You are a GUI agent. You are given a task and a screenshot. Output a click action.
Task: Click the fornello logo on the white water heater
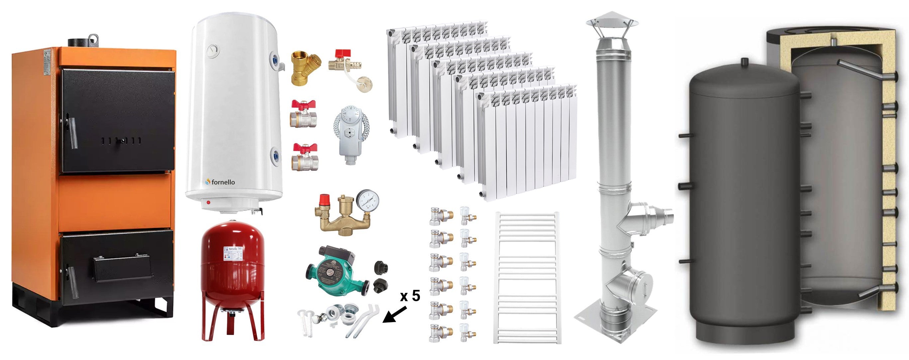pyautogui.click(x=220, y=182)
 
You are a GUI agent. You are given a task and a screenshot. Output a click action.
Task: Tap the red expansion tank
pyautogui.click(x=232, y=268)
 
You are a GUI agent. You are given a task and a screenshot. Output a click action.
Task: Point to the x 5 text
pyautogui.click(x=410, y=296)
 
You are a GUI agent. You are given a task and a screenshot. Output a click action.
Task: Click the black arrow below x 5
pyautogui.click(x=395, y=315)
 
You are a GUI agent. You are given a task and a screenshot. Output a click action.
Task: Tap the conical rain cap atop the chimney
pyautogui.click(x=612, y=21)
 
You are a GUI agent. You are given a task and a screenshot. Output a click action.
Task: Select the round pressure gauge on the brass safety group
pyautogui.click(x=367, y=201)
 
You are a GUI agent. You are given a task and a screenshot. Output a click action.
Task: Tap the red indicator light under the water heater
pyautogui.click(x=208, y=203)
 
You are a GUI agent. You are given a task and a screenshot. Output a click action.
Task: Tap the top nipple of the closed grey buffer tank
pyautogui.click(x=744, y=62)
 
